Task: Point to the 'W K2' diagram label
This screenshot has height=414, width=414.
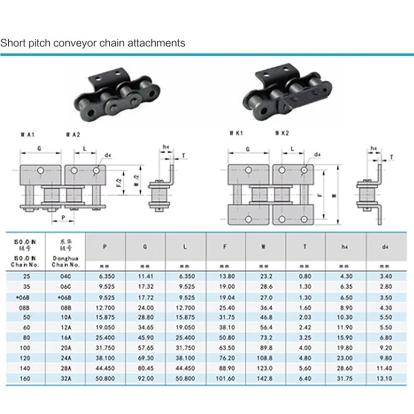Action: tap(282, 133)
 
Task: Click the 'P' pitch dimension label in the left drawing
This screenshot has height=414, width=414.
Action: tap(62, 217)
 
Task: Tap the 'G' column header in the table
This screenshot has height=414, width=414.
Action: tap(145, 247)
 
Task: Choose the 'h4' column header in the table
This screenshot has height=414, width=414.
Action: tap(345, 247)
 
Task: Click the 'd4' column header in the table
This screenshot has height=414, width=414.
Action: tap(385, 247)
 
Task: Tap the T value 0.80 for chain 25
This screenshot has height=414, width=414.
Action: tap(305, 277)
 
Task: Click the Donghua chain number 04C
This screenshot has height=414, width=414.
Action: tap(64, 277)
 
